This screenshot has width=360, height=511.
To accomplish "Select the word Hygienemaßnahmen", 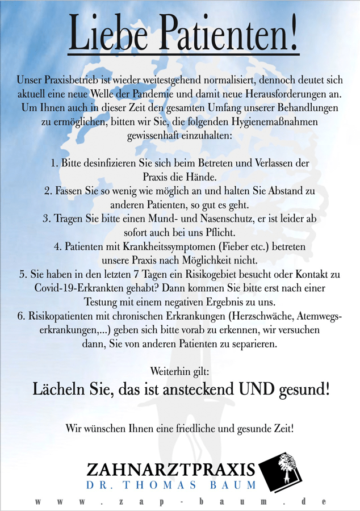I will point(276,122).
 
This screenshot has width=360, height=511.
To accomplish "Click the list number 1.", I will point(53,164).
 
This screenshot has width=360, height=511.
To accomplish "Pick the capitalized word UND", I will point(257,391).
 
